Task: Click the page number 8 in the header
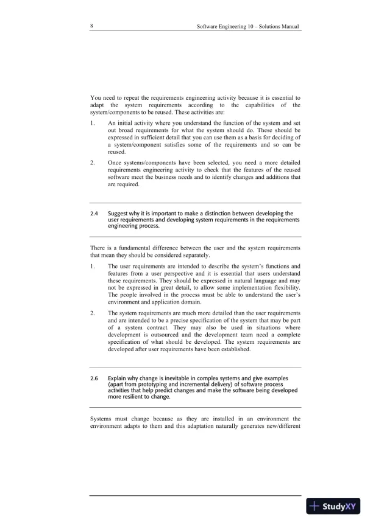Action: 91,27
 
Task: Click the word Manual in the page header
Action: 288,27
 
